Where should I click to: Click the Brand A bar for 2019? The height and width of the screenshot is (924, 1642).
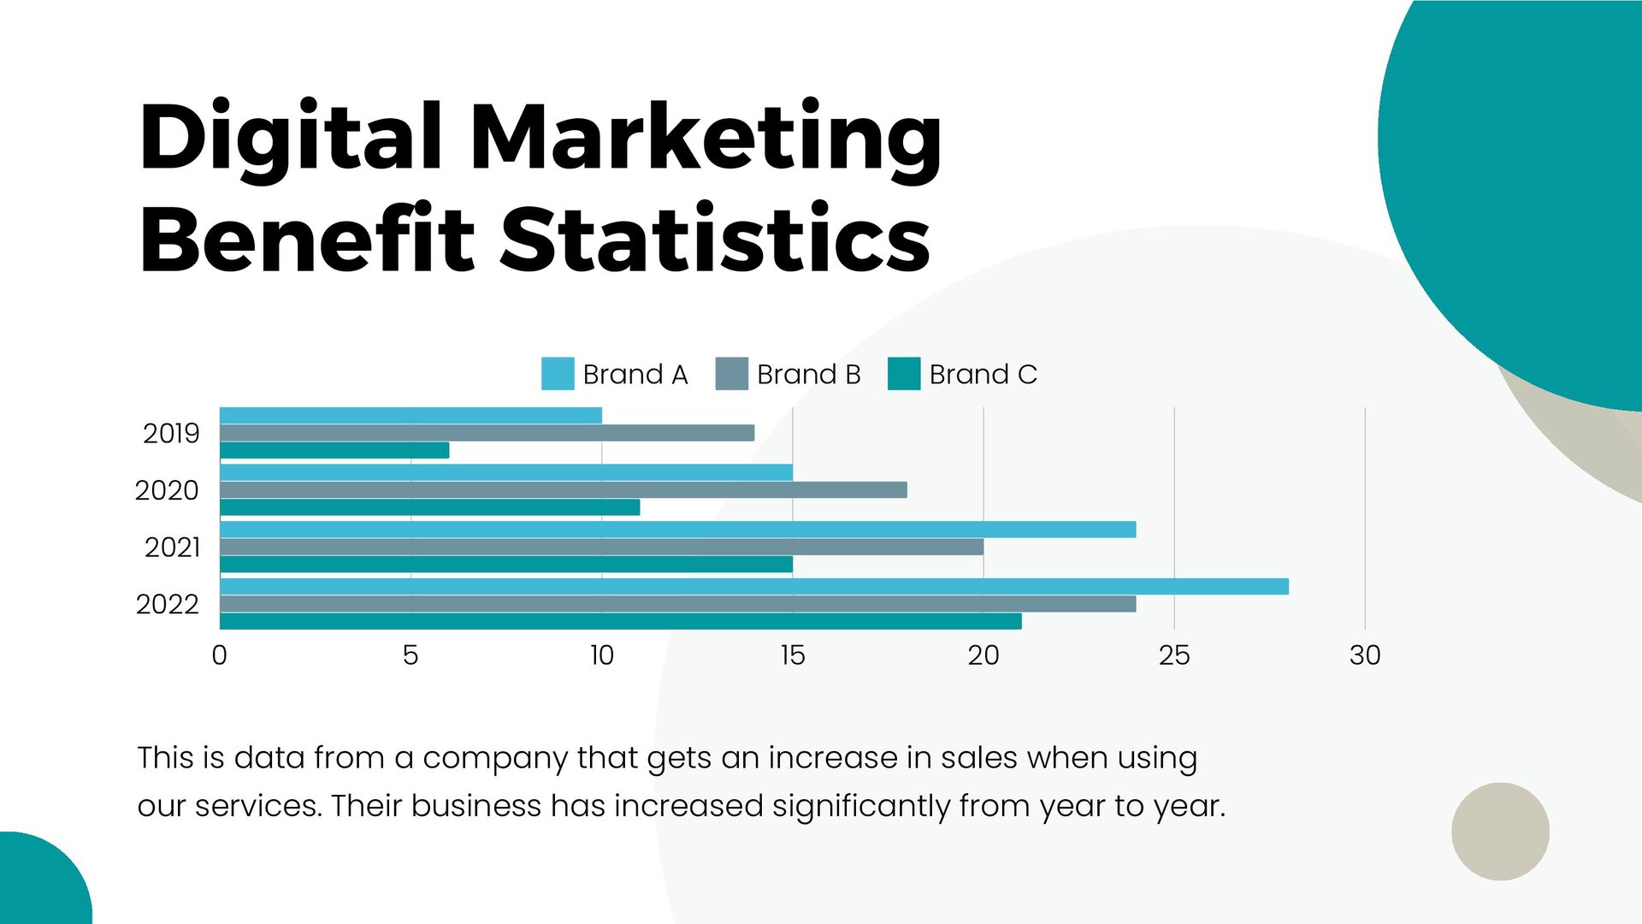(x=410, y=416)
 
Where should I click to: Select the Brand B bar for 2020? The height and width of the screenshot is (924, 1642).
(x=563, y=490)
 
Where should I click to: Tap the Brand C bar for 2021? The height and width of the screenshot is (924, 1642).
(x=505, y=565)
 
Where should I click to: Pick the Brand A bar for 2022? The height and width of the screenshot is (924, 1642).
(x=753, y=587)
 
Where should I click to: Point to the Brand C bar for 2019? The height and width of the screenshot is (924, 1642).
(x=334, y=450)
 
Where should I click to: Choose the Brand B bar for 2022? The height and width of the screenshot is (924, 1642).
(x=677, y=604)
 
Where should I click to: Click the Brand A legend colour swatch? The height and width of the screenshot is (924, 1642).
(x=558, y=374)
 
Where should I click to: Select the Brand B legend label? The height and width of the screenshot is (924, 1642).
(x=808, y=375)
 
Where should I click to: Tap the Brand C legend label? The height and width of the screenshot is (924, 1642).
(x=983, y=375)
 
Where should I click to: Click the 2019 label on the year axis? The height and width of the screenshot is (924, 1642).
(x=171, y=434)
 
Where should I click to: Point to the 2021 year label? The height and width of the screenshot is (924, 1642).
(x=172, y=548)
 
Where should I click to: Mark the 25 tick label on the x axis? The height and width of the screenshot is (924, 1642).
(x=1173, y=655)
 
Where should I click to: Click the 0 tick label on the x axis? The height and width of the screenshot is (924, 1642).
(x=220, y=655)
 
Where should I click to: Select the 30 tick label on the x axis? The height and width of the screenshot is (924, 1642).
(x=1364, y=655)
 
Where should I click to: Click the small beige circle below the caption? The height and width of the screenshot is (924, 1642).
(x=1500, y=831)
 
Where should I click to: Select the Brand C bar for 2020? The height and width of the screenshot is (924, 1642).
(x=429, y=507)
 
